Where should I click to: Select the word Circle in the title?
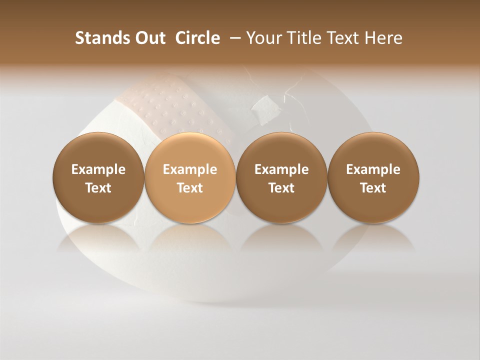tap(197, 38)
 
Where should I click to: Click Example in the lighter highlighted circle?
tap(190, 169)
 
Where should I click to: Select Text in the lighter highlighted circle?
tap(190, 188)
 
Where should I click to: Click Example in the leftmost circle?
tap(98, 169)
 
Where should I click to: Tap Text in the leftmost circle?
tap(98, 188)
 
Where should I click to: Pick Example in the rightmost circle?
tap(373, 169)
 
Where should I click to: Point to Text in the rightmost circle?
tap(373, 188)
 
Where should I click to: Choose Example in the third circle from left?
tap(281, 169)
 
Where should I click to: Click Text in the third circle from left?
tap(281, 188)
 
